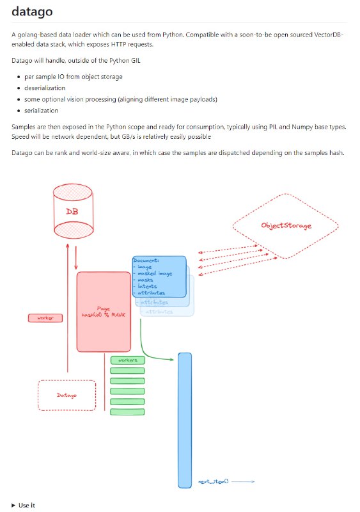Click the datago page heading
pos(32,12)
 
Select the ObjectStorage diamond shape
pos(285,226)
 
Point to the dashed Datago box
pos(67,395)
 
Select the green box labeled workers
pos(128,360)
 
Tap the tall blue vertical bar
pos(185,419)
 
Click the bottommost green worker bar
pos(128,411)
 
